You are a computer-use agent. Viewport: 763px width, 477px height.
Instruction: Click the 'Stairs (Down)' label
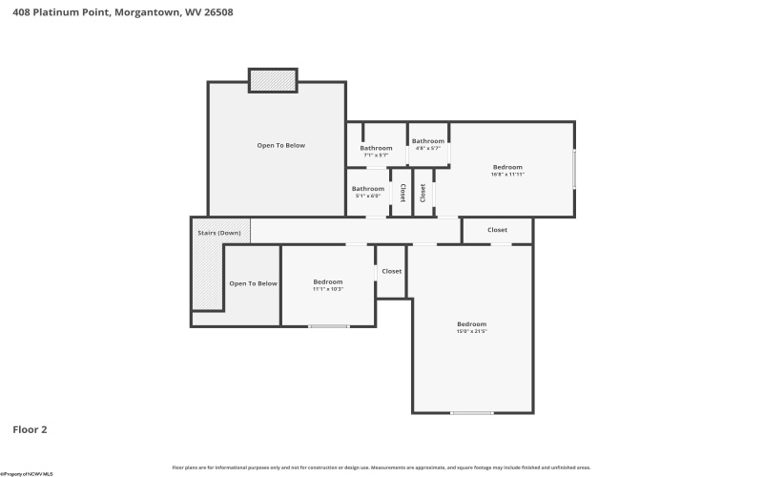(x=219, y=233)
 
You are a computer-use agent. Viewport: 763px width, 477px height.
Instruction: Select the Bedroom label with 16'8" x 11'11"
(x=507, y=170)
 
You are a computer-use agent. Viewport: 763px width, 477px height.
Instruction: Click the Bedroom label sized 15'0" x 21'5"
(x=471, y=326)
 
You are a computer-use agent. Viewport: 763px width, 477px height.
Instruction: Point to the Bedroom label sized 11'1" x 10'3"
(x=328, y=284)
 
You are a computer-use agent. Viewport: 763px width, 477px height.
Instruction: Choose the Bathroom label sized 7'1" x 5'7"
(x=376, y=151)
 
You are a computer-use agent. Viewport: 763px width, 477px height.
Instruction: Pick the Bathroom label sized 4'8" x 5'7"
(x=427, y=144)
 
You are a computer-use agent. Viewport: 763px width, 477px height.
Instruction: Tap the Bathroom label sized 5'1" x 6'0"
(x=368, y=191)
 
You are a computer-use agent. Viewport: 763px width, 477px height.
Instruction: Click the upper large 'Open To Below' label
(x=281, y=145)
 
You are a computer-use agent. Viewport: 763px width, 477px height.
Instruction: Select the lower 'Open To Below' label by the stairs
(x=253, y=283)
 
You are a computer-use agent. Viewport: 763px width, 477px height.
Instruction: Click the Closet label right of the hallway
(x=497, y=230)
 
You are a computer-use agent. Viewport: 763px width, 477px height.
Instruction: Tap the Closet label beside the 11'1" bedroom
(x=391, y=271)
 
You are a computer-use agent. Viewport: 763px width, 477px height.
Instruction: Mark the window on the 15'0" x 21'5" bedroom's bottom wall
(x=471, y=412)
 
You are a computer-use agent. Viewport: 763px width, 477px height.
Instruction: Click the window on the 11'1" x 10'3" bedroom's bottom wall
(x=328, y=326)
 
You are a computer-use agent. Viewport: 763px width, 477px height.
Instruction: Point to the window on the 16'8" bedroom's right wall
(x=574, y=169)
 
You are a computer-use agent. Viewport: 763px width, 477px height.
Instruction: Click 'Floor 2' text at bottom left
(x=30, y=429)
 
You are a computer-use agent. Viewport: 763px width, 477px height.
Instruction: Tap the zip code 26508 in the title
(x=217, y=12)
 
